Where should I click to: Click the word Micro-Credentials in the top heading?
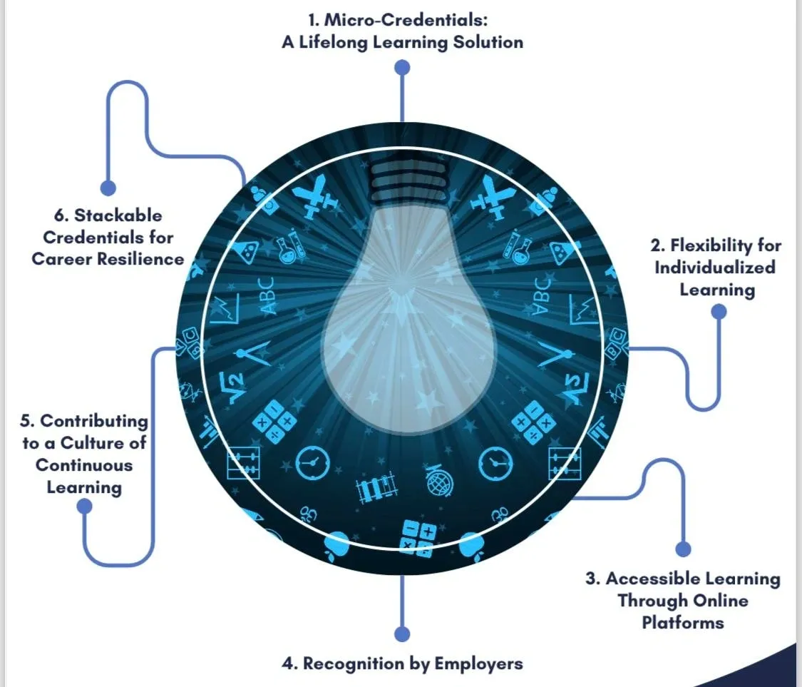coord(405,20)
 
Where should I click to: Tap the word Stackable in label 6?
coord(118,215)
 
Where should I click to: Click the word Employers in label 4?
coord(479,664)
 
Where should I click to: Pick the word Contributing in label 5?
coord(94,422)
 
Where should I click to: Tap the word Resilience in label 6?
coord(140,259)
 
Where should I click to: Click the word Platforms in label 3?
coord(683,623)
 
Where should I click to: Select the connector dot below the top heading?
coord(403,68)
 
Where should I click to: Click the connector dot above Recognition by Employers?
coord(403,633)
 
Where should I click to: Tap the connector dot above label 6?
coord(108,188)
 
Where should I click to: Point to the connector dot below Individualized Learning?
coord(719,311)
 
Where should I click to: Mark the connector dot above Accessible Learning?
coord(684,549)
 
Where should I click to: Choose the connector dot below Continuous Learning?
coord(84,507)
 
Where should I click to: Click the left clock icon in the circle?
coord(312,463)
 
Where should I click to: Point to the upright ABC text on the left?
coord(267,295)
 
